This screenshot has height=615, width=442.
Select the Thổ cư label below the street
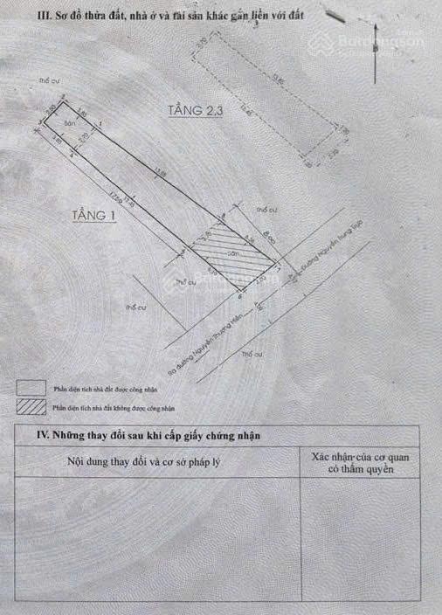pos(252,354)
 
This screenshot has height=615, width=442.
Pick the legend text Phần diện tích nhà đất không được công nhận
pos(114,407)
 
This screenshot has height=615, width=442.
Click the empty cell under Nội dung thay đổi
pos(157,542)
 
